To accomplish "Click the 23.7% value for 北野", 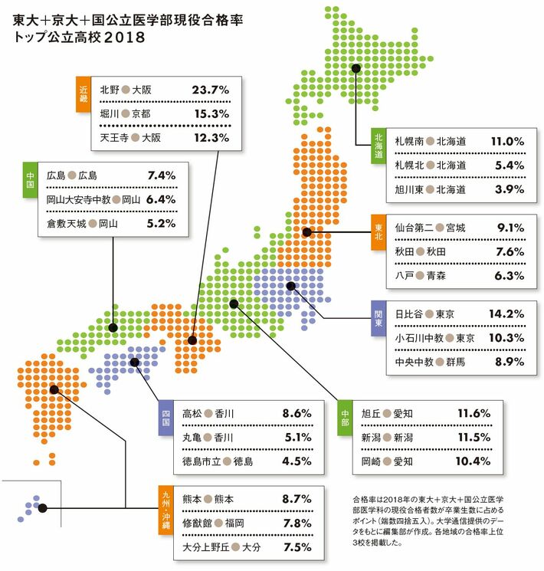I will pyautogui.click(x=211, y=90).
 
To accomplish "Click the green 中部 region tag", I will pyautogui.click(x=345, y=417).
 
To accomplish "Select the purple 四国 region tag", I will pyautogui.click(x=164, y=417).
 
